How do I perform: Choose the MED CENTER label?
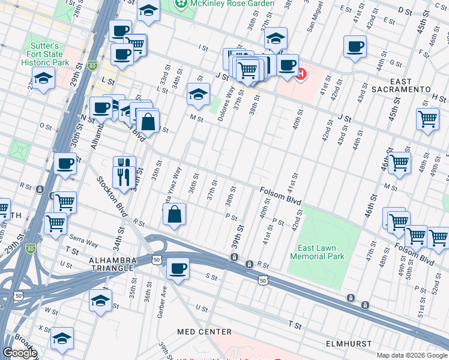coord(204,332)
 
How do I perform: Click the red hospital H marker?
coord(301,75)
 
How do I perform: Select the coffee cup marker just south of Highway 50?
coord(177,268)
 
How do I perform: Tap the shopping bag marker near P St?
coord(173,214)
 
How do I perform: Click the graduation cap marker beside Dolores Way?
coord(198,93)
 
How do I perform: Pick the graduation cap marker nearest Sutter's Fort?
coord(43,78)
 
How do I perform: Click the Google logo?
coord(20,353)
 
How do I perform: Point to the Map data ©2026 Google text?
coord(412,355)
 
